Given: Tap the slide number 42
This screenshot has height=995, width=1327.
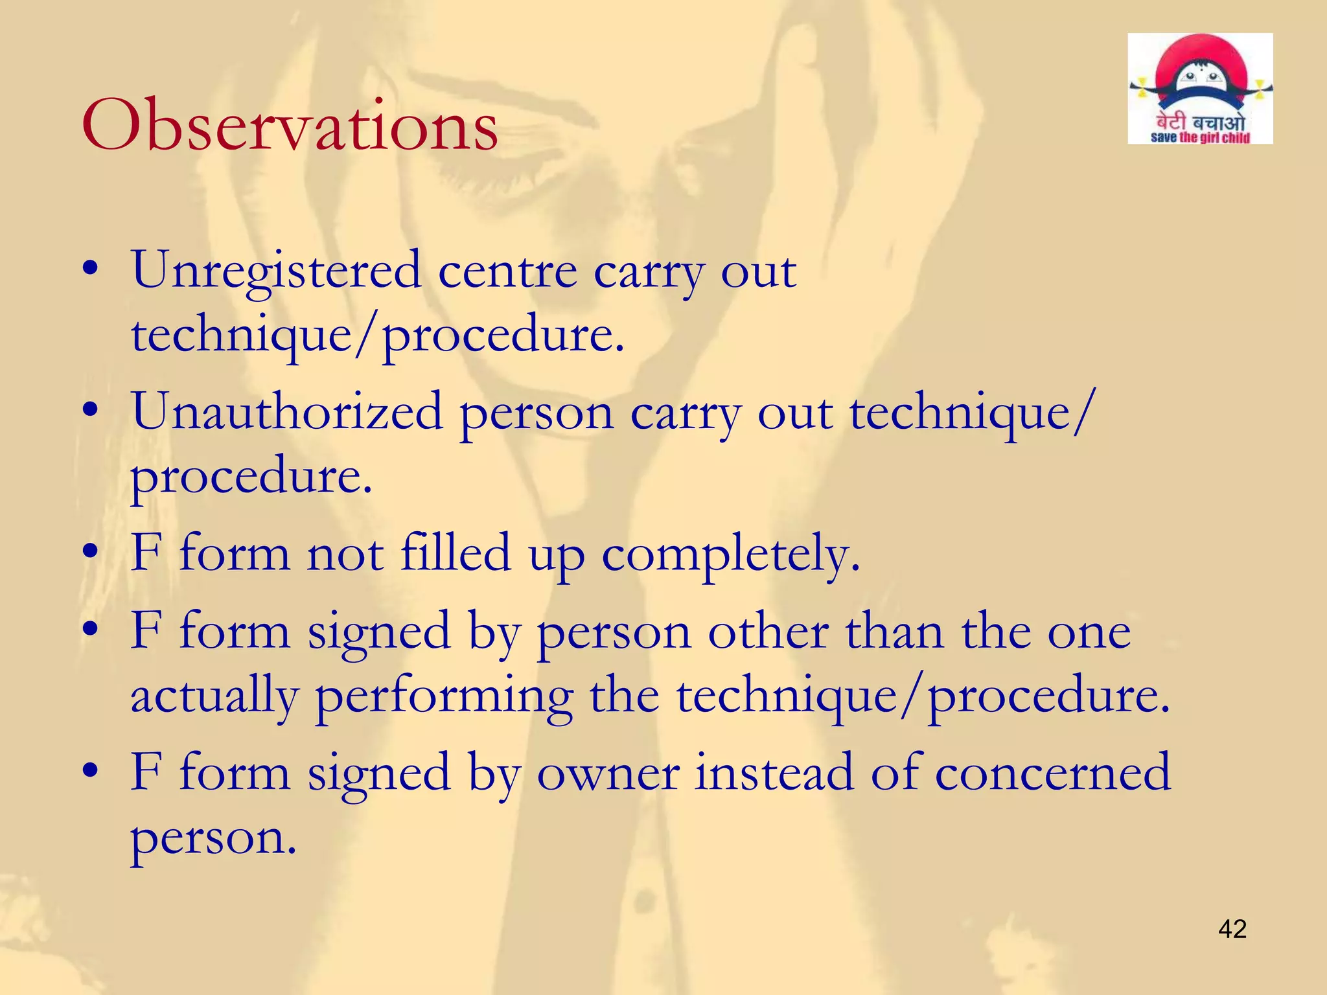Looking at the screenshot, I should point(1232,929).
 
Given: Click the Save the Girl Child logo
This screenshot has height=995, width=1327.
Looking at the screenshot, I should point(1200,89).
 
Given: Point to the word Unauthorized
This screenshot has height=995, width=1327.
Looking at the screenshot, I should point(288,413).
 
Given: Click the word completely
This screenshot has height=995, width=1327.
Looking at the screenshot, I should point(731,555).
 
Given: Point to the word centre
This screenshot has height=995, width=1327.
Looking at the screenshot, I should point(507,271).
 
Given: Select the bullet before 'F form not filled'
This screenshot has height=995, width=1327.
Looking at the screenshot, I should point(91,551).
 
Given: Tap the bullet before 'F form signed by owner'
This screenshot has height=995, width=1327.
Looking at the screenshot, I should point(91,770).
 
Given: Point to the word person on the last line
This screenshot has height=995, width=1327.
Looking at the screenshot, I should point(213,838).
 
